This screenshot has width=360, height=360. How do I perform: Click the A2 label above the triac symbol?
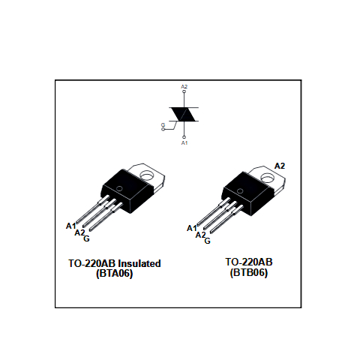click(184, 87)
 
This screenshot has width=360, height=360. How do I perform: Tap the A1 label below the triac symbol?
click(184, 142)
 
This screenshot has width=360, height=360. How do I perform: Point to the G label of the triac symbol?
click(163, 124)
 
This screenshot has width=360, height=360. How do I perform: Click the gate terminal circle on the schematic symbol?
click(163, 129)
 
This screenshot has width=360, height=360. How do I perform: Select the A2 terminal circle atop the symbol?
click(184, 91)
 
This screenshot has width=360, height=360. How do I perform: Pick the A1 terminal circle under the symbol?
click(184, 137)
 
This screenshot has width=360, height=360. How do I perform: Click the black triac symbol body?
click(184, 114)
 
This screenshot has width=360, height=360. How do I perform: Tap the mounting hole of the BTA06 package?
click(147, 175)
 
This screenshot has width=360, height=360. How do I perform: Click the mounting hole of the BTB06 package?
click(268, 178)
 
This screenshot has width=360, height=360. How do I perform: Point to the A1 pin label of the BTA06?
click(70, 226)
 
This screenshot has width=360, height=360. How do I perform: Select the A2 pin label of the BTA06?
click(79, 232)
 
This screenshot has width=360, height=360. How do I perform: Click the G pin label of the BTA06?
click(86, 238)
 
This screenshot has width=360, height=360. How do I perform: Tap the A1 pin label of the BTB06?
click(192, 228)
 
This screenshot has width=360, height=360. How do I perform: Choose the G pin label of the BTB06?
click(208, 241)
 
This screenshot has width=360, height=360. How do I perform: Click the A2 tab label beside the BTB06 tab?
click(280, 166)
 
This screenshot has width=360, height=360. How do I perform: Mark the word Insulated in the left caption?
click(139, 263)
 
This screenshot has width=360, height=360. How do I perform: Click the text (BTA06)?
click(115, 273)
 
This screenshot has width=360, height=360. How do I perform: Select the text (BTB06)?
click(249, 272)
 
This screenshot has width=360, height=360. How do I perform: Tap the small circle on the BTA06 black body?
click(120, 189)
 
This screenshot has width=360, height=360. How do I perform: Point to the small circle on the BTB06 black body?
click(240, 191)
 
